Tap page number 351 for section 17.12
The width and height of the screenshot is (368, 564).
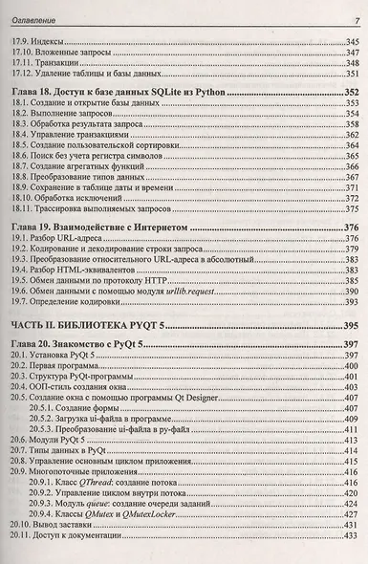(349, 73)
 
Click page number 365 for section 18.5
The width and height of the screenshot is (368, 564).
(349, 147)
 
